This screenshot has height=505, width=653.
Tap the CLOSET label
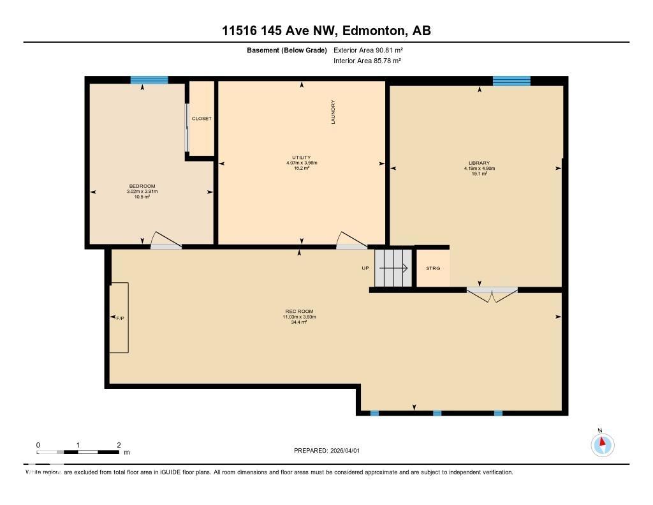point(202,119)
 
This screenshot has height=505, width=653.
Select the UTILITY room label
point(301,158)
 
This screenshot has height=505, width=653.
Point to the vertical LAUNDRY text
point(333,112)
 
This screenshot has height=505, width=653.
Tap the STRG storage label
point(433,268)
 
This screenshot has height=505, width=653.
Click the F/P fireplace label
point(120,317)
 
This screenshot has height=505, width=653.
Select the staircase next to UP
point(392,268)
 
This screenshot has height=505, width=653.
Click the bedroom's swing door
point(165,241)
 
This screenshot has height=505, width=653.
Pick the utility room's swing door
point(351,240)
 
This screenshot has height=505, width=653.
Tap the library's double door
point(492,295)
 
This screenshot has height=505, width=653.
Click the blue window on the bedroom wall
point(149,80)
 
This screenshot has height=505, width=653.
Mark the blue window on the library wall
point(511,80)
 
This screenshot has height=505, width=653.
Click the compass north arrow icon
point(602,444)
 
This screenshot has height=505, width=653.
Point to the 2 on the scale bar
point(119,444)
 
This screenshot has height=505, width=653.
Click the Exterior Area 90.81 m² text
point(368,50)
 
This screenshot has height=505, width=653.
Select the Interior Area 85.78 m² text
point(367,61)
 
